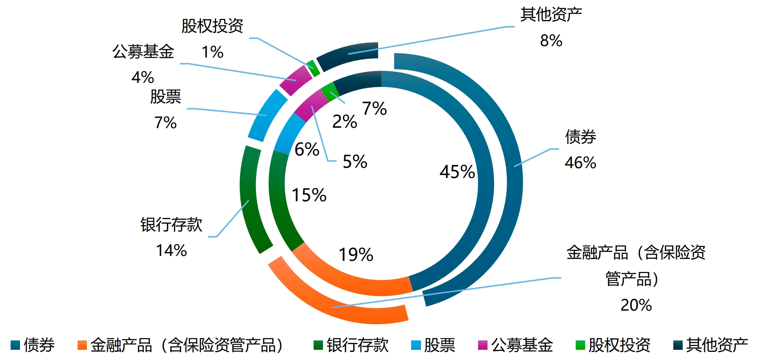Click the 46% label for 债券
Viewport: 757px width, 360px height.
(580, 163)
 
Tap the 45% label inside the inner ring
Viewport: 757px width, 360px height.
(457, 172)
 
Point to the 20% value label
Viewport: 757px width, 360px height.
(636, 305)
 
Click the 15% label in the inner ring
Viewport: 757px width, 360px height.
(309, 195)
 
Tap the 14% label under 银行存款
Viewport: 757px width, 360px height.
(171, 250)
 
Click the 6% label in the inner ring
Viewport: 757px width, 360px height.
(307, 149)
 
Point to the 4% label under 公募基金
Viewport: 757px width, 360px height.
(142, 77)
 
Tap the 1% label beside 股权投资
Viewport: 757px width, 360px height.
(212, 52)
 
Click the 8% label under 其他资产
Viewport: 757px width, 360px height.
(551, 40)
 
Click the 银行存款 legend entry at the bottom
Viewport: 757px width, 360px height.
(351, 345)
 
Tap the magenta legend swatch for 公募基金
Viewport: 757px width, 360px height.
(483, 345)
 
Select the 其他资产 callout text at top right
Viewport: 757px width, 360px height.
(551, 15)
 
